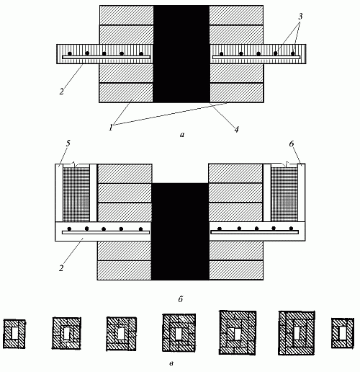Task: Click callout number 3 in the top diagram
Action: click(300, 17)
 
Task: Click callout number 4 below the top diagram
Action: click(237, 129)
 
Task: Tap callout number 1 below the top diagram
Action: click(111, 128)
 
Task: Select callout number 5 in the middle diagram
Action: click(68, 143)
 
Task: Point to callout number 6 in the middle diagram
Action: click(292, 143)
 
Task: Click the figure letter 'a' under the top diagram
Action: click(182, 135)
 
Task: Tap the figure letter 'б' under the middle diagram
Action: click(181, 299)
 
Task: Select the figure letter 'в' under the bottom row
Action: click(171, 363)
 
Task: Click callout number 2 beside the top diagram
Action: click(62, 92)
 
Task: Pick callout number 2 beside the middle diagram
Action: click(61, 268)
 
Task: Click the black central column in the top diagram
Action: click(181, 54)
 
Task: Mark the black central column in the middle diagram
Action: click(180, 231)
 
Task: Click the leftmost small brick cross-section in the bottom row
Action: click(14, 334)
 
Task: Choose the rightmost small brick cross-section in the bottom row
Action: click(343, 333)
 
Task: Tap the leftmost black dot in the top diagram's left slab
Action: click(70, 53)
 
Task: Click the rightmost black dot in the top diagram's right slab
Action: click(293, 53)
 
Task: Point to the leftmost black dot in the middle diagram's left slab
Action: click(69, 229)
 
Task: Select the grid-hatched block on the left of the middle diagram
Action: click(76, 194)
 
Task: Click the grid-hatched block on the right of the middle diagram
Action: click(284, 194)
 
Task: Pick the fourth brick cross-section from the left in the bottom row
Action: click(179, 333)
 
